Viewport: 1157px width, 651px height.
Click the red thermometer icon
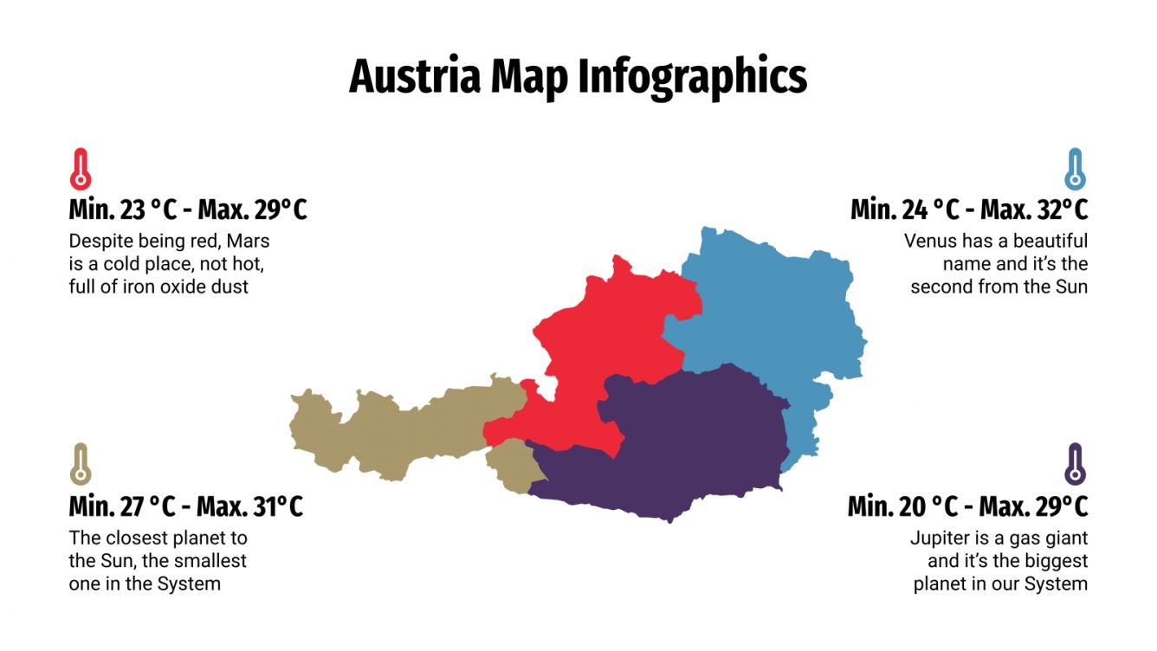(x=80, y=170)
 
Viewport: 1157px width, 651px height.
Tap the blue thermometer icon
(x=1075, y=170)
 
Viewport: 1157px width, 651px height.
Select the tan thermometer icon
(x=80, y=465)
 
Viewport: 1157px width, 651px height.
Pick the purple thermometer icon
(x=1075, y=465)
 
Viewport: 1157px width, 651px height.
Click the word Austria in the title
(x=415, y=76)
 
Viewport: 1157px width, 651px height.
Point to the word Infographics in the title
(x=692, y=76)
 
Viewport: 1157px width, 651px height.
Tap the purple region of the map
(x=684, y=442)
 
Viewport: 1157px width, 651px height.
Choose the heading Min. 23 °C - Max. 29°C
(x=188, y=210)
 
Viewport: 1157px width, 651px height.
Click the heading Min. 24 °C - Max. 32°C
(x=969, y=210)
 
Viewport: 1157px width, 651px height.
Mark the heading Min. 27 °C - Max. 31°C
(x=186, y=506)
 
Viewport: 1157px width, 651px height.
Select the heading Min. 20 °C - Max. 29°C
(x=967, y=506)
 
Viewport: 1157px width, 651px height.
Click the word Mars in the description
(x=249, y=241)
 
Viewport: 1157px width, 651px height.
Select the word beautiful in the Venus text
(x=1050, y=241)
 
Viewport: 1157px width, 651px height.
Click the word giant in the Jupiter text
(x=1064, y=538)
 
